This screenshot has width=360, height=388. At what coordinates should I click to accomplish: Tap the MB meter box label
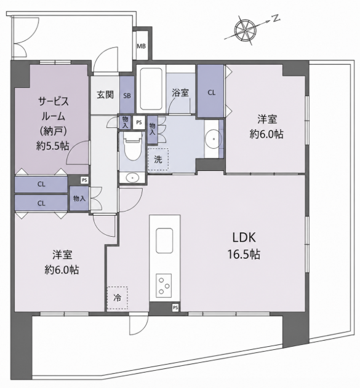point(142,46)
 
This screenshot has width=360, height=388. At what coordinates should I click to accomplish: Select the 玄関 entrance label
point(105,95)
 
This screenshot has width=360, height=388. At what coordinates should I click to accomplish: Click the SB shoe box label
point(127,95)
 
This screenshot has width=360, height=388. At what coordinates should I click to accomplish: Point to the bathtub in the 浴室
point(151,89)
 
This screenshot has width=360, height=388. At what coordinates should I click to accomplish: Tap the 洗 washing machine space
point(158,159)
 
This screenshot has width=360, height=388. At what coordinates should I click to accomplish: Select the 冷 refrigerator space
point(118,298)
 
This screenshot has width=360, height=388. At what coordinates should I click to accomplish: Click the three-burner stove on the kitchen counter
point(164,286)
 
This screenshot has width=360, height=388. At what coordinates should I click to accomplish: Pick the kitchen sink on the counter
point(164,241)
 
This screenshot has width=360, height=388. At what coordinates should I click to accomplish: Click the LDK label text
point(244,238)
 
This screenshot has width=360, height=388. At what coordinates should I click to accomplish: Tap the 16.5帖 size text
point(244,255)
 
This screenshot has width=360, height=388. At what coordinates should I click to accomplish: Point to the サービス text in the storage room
point(54,101)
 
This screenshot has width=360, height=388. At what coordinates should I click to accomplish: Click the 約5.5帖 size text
point(53,146)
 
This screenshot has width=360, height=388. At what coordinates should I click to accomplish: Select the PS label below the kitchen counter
point(175,308)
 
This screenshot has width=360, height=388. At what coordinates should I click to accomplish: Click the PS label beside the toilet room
point(139,122)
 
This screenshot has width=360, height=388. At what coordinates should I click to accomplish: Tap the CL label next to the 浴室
point(212,93)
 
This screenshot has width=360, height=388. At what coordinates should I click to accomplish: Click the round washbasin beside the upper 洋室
point(214,139)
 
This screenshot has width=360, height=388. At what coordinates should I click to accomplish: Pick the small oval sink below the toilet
point(132,178)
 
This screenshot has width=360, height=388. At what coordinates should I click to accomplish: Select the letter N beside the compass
point(276,18)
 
